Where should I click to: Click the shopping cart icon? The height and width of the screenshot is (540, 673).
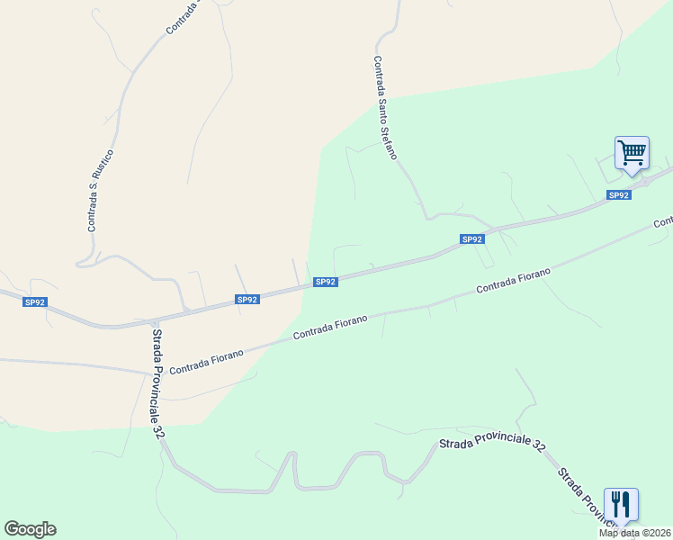(x=632, y=153)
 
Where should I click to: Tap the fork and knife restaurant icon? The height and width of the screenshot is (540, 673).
(x=621, y=504)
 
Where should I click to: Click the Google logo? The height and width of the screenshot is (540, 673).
(x=30, y=529)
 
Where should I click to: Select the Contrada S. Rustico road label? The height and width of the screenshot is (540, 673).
(x=99, y=190)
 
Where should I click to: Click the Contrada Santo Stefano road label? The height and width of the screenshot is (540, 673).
(x=385, y=108)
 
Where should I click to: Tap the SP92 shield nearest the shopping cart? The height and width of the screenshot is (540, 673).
(x=618, y=195)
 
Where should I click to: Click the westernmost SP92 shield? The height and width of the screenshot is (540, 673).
(x=35, y=302)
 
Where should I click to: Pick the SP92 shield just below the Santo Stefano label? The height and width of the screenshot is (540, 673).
(x=472, y=239)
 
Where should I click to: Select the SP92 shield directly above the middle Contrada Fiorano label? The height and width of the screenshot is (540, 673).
(x=326, y=282)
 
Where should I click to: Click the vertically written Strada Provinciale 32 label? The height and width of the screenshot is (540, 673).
(x=158, y=383)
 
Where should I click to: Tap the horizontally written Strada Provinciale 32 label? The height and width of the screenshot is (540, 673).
(x=492, y=445)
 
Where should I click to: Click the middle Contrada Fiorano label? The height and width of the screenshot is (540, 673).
(x=330, y=328)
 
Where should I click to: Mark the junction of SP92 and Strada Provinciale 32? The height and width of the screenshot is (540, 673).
(x=154, y=321)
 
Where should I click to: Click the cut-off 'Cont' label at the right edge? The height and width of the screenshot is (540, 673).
(x=663, y=221)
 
